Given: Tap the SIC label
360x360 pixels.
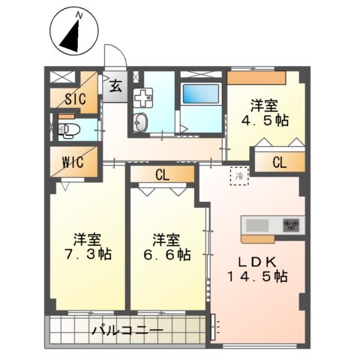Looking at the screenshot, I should pyautogui.click(x=74, y=99).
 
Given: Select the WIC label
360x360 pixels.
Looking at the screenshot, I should pyautogui.click(x=73, y=161).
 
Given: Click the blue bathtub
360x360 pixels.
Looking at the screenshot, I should pyautogui.click(x=199, y=95).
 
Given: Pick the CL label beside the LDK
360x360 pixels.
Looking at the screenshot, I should pyautogui.click(x=279, y=161).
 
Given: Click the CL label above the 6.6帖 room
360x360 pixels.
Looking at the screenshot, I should pyautogui.click(x=162, y=175).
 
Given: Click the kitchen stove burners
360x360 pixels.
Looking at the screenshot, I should pyautogui.click(x=291, y=224).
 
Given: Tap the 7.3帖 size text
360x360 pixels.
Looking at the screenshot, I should pyautogui.click(x=88, y=254).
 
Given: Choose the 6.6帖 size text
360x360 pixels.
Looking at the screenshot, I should pyautogui.click(x=166, y=254).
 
